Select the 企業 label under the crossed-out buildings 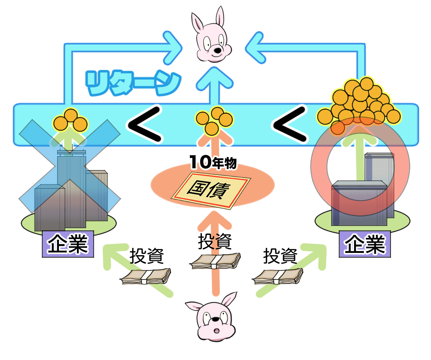(x=67, y=245)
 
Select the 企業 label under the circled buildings (x=364, y=244)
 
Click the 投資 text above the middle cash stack (x=215, y=242)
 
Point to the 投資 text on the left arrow (x=146, y=256)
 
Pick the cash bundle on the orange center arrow (x=215, y=262)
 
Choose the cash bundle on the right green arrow (x=278, y=276)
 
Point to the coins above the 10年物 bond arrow (x=214, y=120)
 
